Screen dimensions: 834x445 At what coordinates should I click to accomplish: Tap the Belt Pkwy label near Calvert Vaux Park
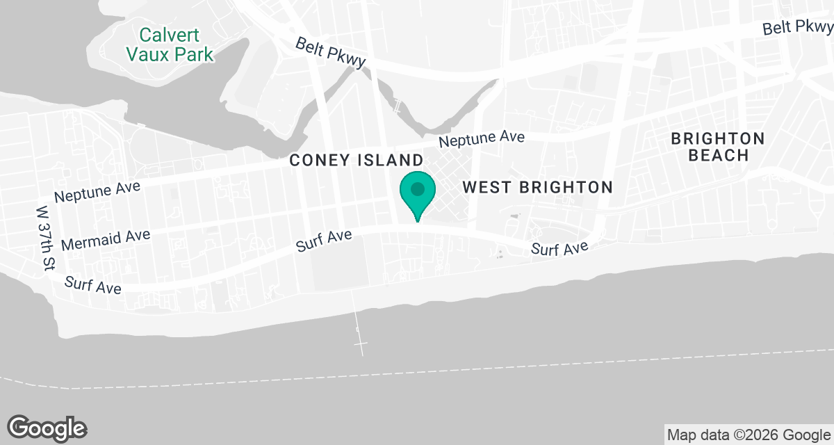click(330, 54)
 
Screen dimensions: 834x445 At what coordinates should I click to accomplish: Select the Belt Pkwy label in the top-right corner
click(797, 27)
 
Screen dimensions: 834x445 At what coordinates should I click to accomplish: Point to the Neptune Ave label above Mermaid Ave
click(97, 191)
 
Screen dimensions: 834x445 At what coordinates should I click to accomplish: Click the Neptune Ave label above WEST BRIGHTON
click(481, 139)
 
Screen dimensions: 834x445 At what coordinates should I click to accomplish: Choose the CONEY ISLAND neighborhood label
click(356, 160)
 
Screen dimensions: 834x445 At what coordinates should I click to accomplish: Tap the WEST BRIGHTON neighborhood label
click(537, 187)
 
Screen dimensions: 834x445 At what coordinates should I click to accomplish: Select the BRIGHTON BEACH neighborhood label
click(718, 147)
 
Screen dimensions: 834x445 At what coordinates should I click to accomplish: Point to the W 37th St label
click(47, 238)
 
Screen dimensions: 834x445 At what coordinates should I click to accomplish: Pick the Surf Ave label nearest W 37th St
click(93, 284)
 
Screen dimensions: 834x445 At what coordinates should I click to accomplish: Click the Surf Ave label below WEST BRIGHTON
click(560, 248)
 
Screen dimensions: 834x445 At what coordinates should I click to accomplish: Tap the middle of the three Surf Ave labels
click(325, 241)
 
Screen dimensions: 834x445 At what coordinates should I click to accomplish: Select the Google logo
click(47, 427)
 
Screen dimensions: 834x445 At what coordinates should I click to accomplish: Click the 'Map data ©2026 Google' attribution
click(749, 435)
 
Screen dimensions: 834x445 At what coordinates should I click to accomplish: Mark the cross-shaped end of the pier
click(361, 344)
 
